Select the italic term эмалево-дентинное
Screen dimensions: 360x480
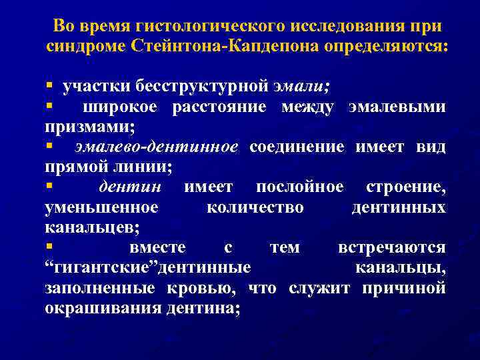(x=156, y=147)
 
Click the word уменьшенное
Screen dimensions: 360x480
(x=101, y=207)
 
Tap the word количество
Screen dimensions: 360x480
(x=255, y=207)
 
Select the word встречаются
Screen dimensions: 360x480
(x=392, y=248)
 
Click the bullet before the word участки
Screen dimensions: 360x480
(x=49, y=87)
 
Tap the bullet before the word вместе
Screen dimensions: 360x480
(x=49, y=247)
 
